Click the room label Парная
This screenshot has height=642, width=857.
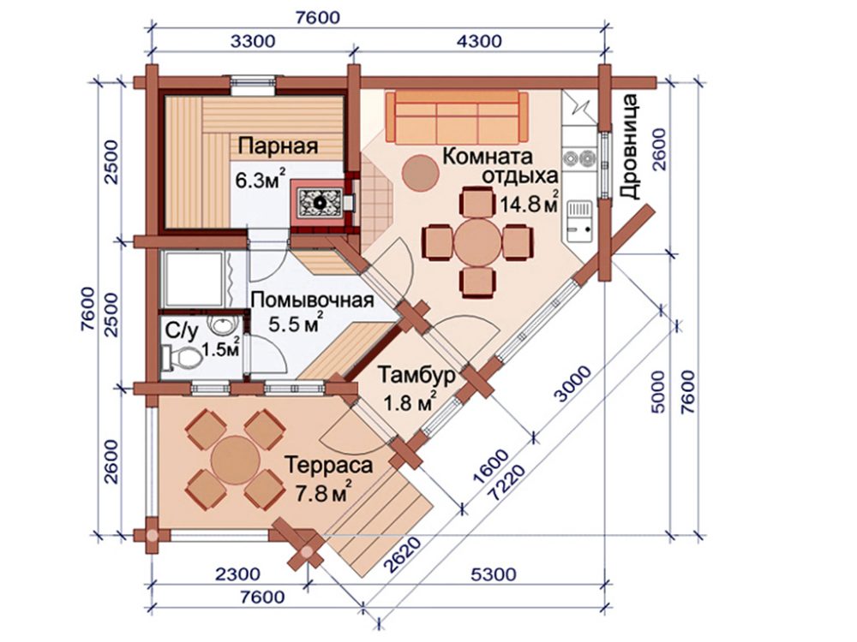pos(279,146)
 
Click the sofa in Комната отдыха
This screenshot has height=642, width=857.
pos(457,118)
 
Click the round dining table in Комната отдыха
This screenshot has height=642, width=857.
pos(477,242)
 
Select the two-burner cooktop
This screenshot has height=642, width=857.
pos(579,158)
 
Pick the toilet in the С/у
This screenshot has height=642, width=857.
pos(180,359)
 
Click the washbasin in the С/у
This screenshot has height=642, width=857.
pos(223,326)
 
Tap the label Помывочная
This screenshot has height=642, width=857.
pos(312,300)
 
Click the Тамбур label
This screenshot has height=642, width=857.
pos(416,376)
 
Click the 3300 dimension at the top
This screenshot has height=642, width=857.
pos(253,41)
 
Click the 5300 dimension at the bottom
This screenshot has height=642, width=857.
pos(493,574)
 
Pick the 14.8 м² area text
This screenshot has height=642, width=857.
pos(529,203)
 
